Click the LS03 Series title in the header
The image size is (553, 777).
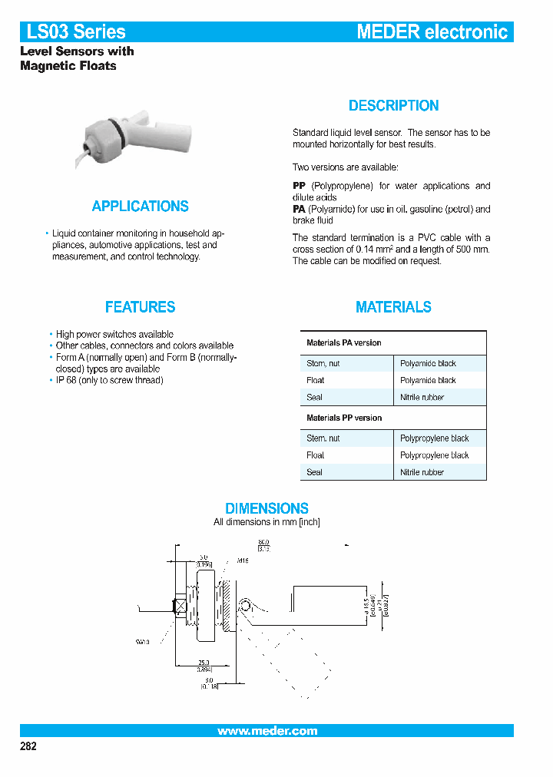(76, 31)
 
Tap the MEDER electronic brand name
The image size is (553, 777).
(432, 31)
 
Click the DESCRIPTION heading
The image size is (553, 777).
(393, 106)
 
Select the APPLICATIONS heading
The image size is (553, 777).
(140, 207)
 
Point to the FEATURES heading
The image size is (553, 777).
(140, 307)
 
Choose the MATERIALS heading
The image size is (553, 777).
(393, 307)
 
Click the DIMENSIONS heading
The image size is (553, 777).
(267, 508)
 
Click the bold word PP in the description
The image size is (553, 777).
(299, 186)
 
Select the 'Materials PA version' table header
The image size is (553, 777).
(343, 342)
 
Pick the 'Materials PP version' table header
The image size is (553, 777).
(343, 418)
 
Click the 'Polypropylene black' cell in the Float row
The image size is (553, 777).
(434, 455)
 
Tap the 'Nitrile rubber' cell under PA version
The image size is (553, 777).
(422, 398)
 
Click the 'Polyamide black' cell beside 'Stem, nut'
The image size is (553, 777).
(428, 363)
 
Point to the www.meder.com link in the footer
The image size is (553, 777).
(267, 731)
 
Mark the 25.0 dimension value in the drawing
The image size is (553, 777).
(204, 661)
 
